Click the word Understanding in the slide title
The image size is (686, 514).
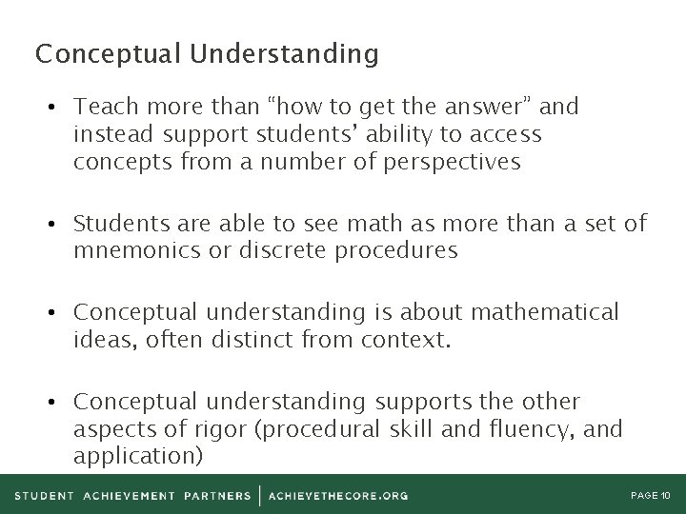coord(284,54)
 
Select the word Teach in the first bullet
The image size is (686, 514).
coord(102,107)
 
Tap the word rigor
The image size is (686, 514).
coord(220,428)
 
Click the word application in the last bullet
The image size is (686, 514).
coord(137,456)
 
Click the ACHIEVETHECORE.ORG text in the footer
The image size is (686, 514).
coord(339,495)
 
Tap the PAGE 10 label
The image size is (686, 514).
coord(653,495)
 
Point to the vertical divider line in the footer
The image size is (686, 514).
coord(260,495)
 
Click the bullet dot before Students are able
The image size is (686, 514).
coord(59,225)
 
